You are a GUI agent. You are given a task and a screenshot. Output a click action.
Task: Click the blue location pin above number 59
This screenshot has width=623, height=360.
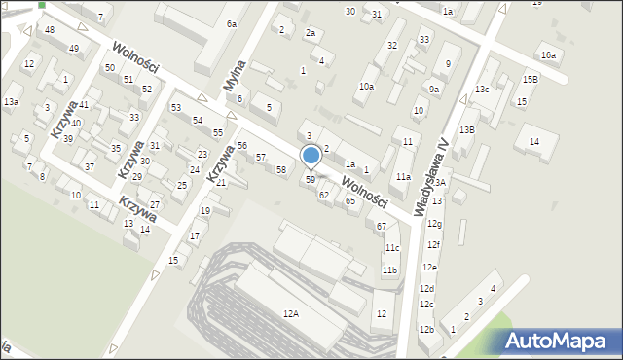tap(311, 156)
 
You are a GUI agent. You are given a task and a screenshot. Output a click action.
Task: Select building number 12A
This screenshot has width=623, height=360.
tap(290, 313)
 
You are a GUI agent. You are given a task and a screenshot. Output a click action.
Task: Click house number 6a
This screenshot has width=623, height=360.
tap(232, 23)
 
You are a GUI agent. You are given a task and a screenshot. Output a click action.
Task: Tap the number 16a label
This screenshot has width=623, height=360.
tap(549, 55)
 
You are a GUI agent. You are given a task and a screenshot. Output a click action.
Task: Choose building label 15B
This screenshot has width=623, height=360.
tap(530, 79)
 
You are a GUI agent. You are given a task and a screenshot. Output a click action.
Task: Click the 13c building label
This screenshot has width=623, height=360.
tap(482, 90)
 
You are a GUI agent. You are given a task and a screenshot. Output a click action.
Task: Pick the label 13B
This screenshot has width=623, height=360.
tap(467, 129)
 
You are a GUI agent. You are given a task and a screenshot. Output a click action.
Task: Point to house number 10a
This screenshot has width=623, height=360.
tap(365, 87)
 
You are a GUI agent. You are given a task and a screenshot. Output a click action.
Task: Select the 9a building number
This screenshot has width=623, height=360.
tap(434, 90)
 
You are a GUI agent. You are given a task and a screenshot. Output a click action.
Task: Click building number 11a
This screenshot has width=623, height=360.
tap(403, 177)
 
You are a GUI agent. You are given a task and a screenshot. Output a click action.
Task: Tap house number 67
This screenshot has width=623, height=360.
tap(382, 226)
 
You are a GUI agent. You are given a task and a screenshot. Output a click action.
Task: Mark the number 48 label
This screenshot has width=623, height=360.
tap(50, 30)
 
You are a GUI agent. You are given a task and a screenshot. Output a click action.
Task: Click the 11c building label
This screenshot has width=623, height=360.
tap(390, 248)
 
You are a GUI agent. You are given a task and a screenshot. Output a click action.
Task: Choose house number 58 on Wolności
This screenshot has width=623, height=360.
tap(281, 170)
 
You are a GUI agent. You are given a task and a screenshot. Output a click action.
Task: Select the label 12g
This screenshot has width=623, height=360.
tap(433, 224)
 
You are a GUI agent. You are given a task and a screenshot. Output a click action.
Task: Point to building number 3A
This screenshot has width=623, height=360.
tap(440, 183)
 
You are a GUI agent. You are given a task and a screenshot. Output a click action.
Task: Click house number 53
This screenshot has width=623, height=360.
tap(175, 108)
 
